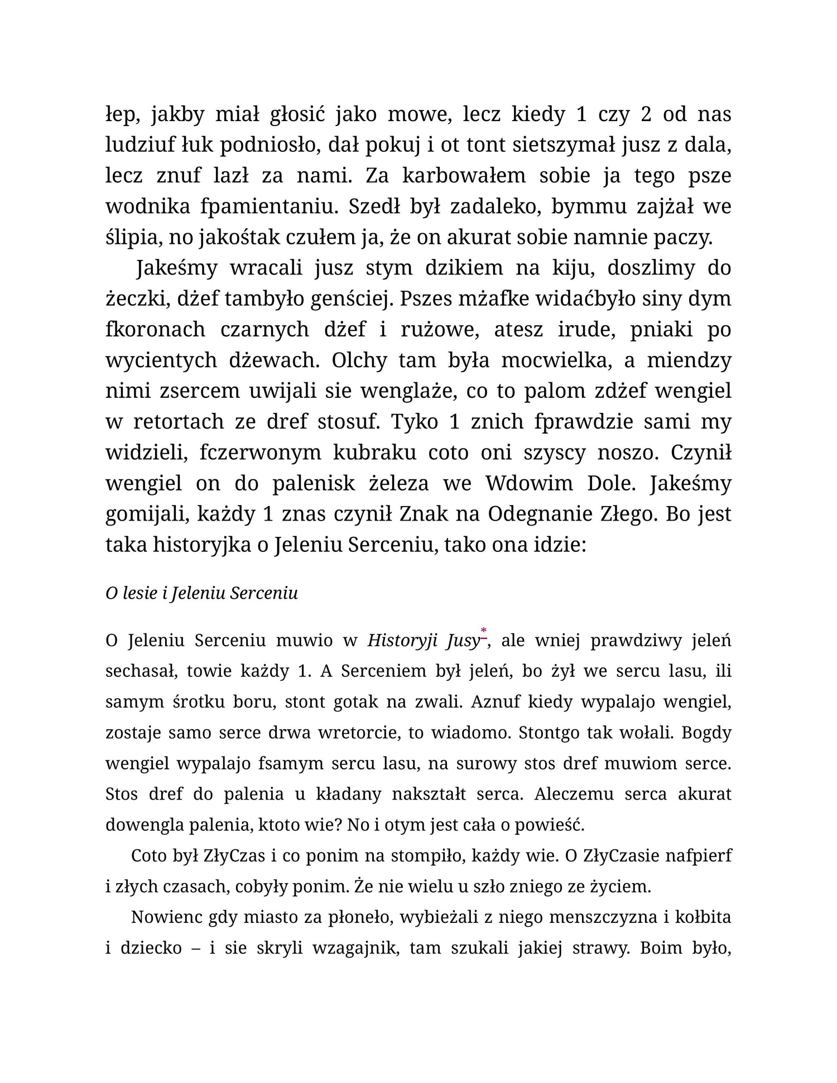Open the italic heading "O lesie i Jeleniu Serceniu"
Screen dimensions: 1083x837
[x=201, y=593]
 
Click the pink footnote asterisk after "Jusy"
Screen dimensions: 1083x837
[x=484, y=632]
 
